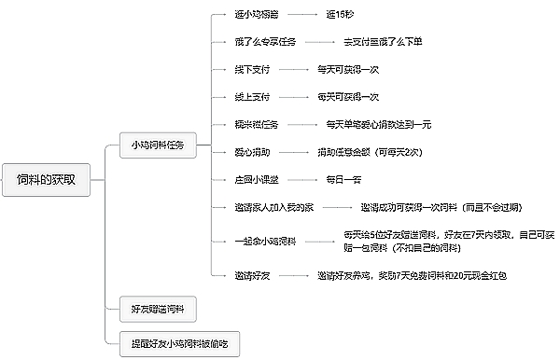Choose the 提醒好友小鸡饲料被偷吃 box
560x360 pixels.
pyautogui.click(x=178, y=343)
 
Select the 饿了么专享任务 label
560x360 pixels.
pyautogui.click(x=268, y=43)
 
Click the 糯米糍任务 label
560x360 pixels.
pyautogui.click(x=257, y=124)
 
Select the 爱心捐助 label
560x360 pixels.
pyautogui.click(x=252, y=151)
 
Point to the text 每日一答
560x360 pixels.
pyautogui.click(x=343, y=178)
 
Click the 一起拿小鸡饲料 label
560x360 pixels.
pyautogui.click(x=266, y=242)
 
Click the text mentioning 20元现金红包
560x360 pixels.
pyautogui.click(x=411, y=276)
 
